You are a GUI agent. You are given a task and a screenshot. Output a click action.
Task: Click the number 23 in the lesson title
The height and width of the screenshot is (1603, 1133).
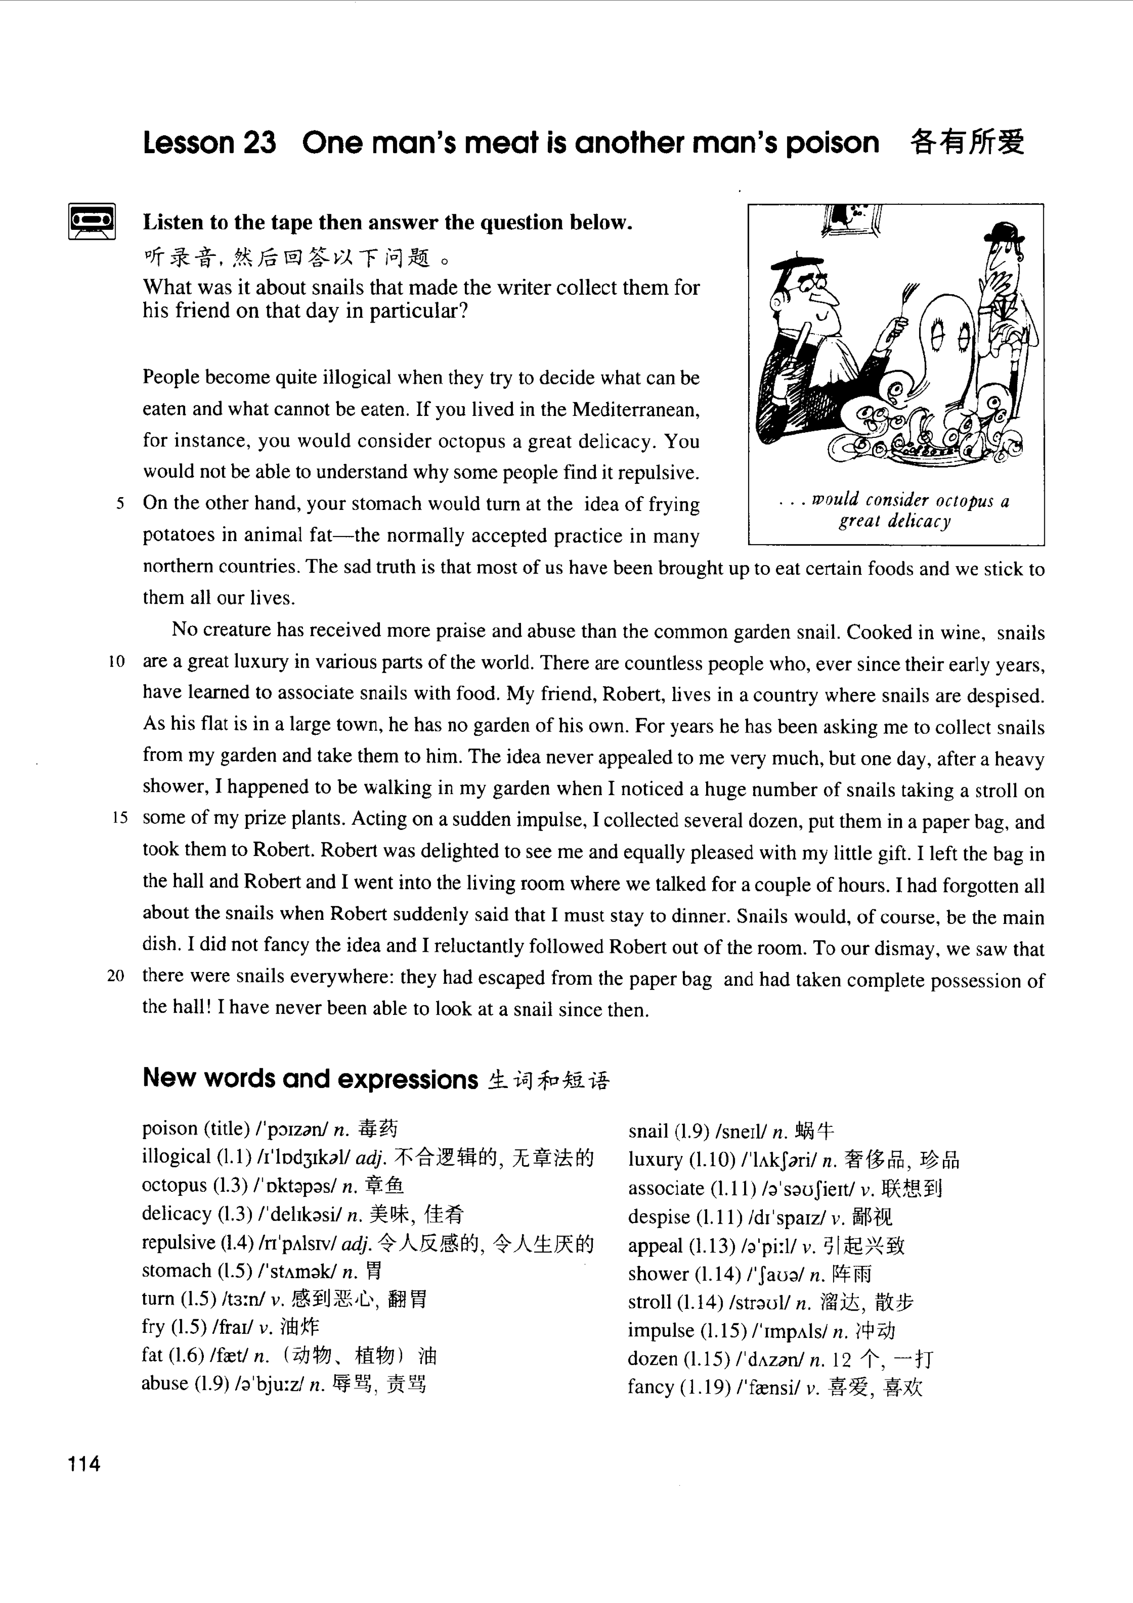pyautogui.click(x=260, y=143)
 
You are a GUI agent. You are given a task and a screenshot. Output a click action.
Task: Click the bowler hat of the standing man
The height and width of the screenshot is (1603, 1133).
pyautogui.click(x=1003, y=234)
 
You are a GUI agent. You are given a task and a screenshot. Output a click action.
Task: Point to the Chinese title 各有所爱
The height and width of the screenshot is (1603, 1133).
pyautogui.click(x=967, y=143)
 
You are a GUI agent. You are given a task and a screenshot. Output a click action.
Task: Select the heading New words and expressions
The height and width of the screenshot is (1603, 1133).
pyautogui.click(x=310, y=1079)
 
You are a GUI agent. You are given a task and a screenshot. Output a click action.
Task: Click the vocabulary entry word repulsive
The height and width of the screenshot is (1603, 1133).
pyautogui.click(x=178, y=1243)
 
